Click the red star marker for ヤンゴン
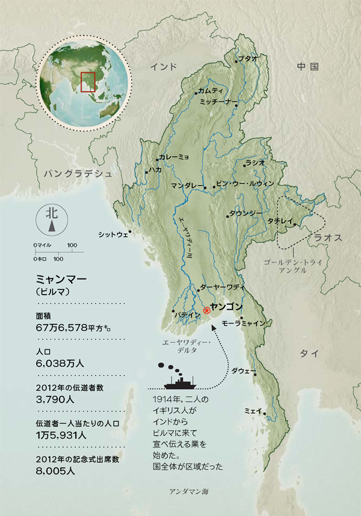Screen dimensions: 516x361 pos(207,310)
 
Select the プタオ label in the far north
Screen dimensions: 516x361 pos(248,59)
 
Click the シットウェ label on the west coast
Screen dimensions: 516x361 pos(113,235)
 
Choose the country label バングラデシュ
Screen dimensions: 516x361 pos(78,173)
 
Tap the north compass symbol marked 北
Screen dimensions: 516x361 pos(52,220)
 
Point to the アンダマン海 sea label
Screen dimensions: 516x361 pos(189,491)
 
